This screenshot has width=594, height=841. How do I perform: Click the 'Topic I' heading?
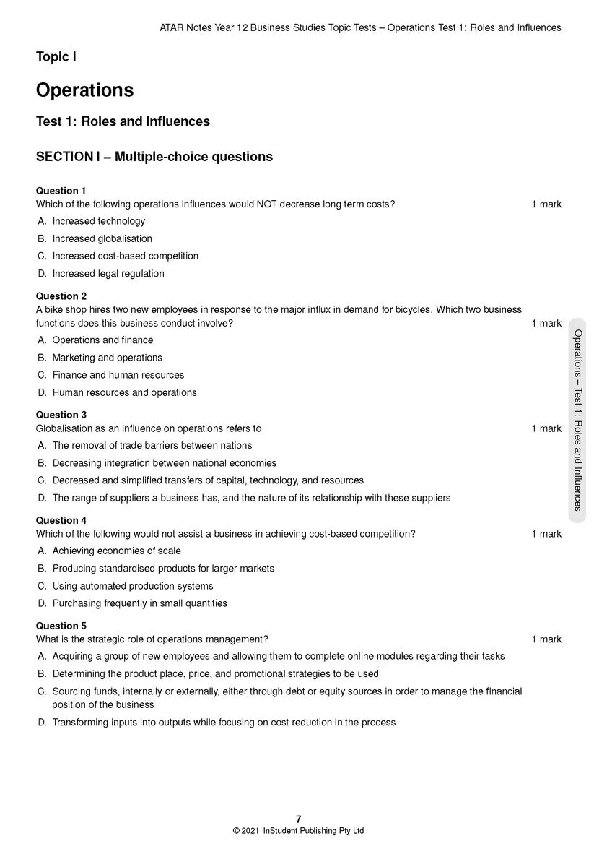[x=56, y=56]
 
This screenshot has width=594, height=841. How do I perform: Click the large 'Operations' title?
[x=84, y=90]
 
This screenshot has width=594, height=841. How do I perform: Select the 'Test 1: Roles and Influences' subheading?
[x=123, y=121]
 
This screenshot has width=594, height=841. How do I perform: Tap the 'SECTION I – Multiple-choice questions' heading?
[x=154, y=157]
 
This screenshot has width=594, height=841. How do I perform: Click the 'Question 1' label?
[x=61, y=191]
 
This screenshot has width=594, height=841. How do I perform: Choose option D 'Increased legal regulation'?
[x=108, y=274]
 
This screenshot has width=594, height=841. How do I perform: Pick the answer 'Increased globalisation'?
[x=102, y=238]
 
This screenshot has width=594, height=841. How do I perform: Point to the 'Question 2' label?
[x=61, y=296]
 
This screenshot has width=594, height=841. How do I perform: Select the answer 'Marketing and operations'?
[x=107, y=358]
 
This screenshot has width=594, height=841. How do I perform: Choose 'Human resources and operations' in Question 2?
[x=124, y=393]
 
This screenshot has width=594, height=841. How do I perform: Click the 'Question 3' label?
[x=61, y=415]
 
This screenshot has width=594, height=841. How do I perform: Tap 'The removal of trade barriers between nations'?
[x=152, y=446]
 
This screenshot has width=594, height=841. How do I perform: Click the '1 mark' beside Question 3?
[x=546, y=428]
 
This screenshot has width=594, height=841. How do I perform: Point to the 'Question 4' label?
[x=61, y=520]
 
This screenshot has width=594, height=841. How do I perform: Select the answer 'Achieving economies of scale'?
[x=116, y=551]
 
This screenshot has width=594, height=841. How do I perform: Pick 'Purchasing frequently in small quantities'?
[x=139, y=603]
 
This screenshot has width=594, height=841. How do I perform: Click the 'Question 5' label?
[x=61, y=626]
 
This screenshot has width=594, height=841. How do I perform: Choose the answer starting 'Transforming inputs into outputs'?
[x=224, y=723]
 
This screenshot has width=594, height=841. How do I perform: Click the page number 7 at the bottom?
[x=298, y=819]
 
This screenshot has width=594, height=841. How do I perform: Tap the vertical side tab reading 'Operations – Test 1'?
[x=577, y=420]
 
